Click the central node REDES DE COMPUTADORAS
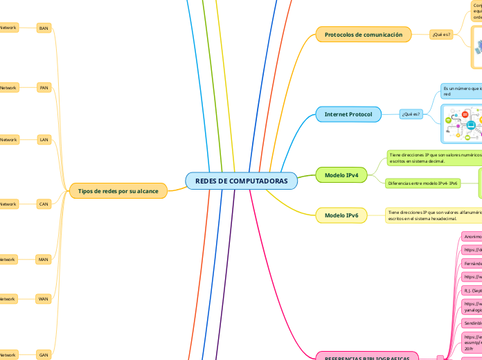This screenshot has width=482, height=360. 241,181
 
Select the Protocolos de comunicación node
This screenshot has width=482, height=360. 363,34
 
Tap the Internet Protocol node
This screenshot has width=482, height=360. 348,114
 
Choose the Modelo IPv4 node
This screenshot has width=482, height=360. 341,176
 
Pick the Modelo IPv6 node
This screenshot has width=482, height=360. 341,216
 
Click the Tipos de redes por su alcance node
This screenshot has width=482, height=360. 118,191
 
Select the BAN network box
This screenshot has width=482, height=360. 44,28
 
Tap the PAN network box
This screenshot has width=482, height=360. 44,88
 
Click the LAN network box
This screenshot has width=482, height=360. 44,140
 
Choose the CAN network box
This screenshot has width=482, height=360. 44,204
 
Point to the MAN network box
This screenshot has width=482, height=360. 44,260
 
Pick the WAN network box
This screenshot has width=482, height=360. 44,299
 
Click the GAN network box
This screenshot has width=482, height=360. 44,354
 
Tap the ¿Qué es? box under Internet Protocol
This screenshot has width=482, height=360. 411,114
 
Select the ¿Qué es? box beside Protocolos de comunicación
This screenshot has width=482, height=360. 440,34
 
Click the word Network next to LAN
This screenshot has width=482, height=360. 8,140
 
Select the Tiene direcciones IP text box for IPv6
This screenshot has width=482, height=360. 433,216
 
